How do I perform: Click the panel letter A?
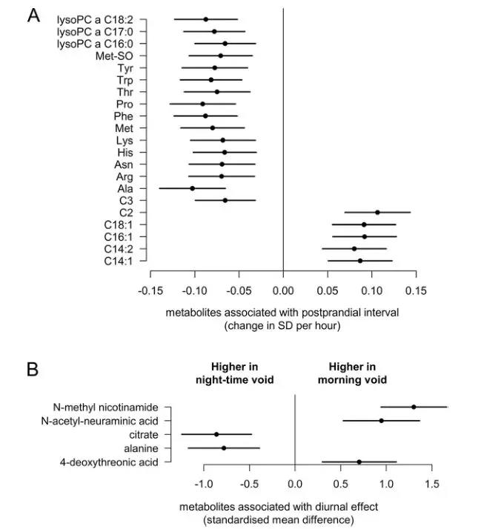coord(34,16)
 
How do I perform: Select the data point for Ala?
coord(193,188)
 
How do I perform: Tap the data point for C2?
coord(377,213)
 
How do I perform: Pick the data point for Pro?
coord(202,104)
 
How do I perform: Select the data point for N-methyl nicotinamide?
coord(414,407)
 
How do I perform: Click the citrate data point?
coord(216,434)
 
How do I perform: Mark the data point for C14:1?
coord(360,261)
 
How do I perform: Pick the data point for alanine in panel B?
coord(224,448)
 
